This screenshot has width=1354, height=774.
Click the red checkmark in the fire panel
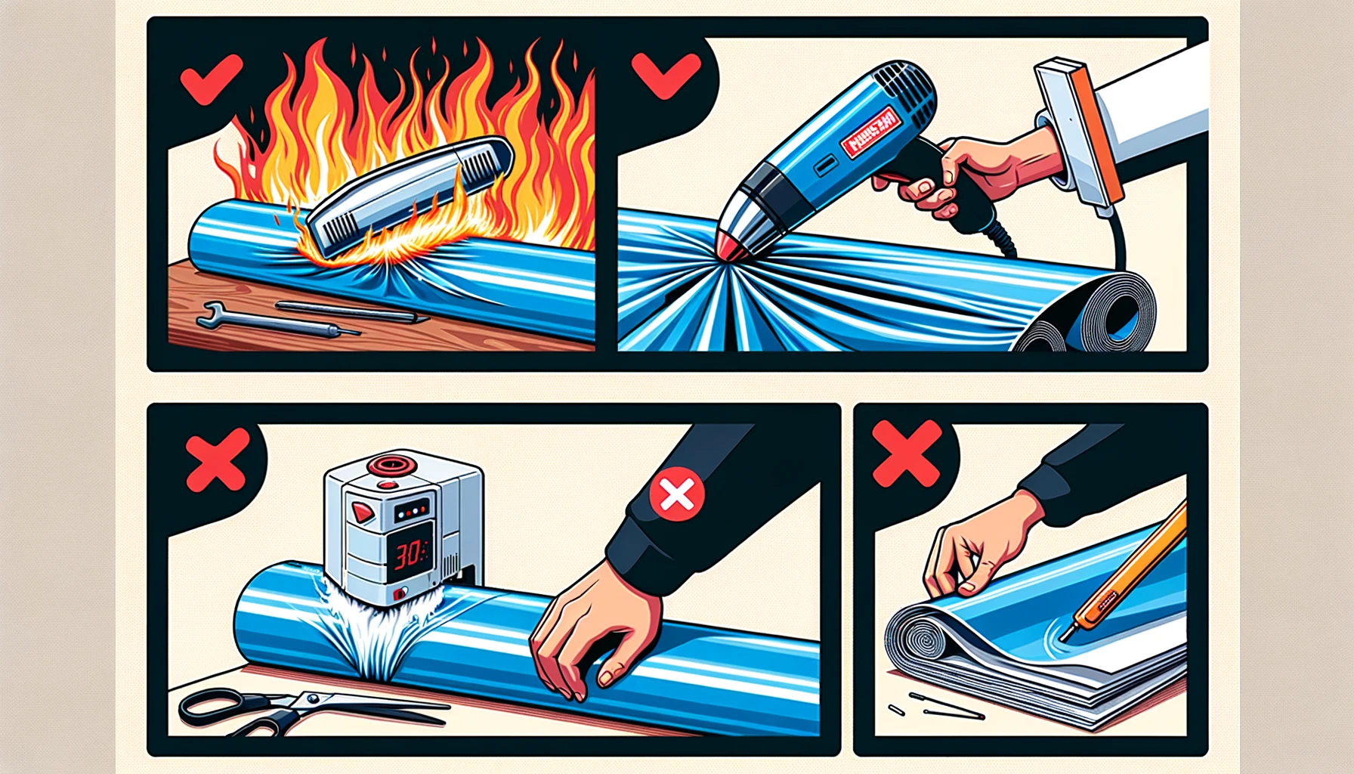(x=211, y=78)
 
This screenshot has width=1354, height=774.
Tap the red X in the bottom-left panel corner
(x=218, y=460)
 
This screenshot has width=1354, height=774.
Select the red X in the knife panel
(x=907, y=454)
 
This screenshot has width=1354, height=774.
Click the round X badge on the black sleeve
(x=677, y=495)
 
